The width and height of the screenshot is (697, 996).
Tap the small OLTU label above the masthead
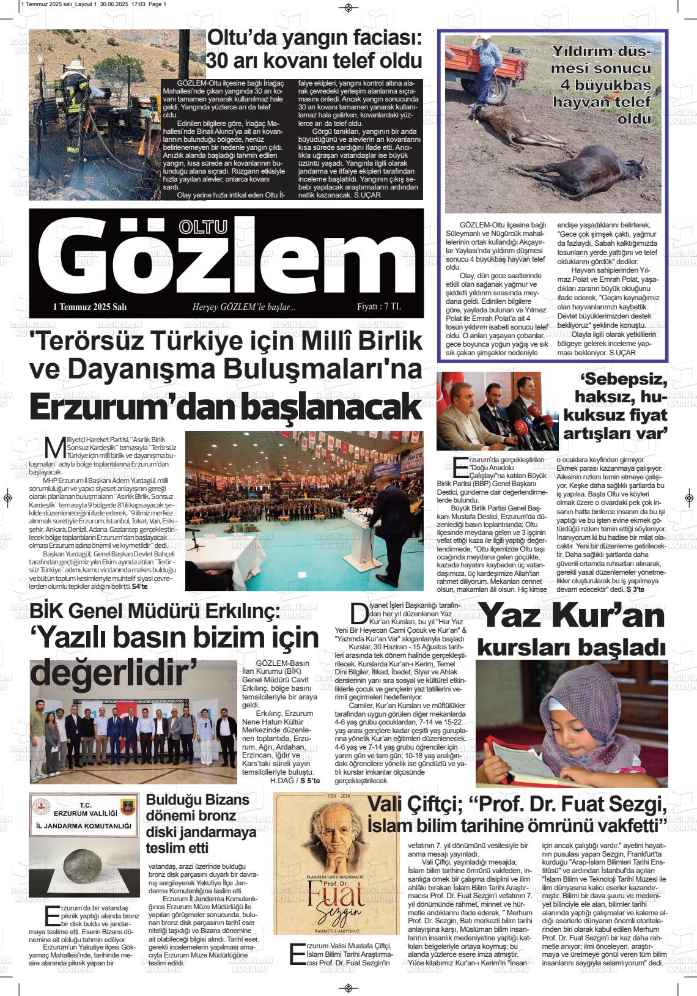click(x=202, y=227)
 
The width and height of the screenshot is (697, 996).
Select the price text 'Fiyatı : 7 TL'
click(x=379, y=307)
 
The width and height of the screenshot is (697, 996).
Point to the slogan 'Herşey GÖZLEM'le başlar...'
click(x=244, y=307)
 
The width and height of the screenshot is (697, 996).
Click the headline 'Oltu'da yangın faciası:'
click(x=314, y=39)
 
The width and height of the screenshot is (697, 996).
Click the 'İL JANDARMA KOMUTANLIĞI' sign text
click(x=84, y=826)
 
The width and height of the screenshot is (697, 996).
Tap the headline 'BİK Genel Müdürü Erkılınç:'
click(x=155, y=611)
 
